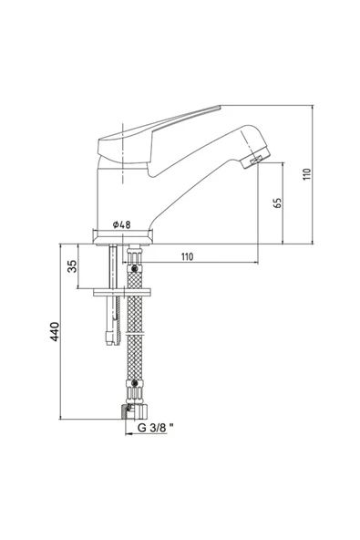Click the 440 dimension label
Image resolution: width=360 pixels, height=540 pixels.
point(55,332)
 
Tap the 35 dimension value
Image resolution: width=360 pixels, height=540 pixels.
point(73,265)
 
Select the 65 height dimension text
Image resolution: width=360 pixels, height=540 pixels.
point(277,202)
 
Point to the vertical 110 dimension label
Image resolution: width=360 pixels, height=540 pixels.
point(307,174)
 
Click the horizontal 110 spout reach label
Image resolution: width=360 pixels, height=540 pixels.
point(187,256)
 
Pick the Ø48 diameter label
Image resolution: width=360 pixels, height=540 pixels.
point(122,224)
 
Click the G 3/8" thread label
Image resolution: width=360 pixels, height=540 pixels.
point(156,428)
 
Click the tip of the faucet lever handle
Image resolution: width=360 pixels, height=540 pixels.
point(219,107)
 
